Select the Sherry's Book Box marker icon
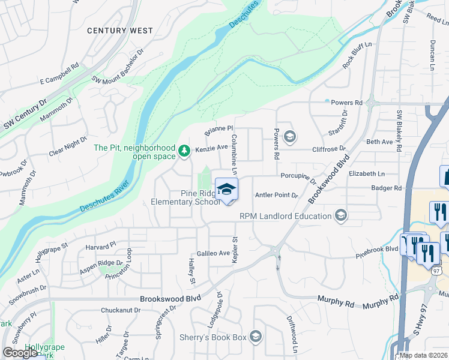click(x=256, y=336)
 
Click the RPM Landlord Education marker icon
click(x=341, y=215)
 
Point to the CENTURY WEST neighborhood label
click(x=119, y=30)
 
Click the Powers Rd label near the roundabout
click(x=346, y=103)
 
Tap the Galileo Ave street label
click(x=213, y=253)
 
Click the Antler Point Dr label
click(x=277, y=195)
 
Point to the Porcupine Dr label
click(x=298, y=177)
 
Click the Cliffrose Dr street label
click(x=329, y=148)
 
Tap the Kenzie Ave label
click(x=211, y=147)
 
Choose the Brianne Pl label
click(x=218, y=128)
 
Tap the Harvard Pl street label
click(x=100, y=246)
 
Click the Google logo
click(x=20, y=353)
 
